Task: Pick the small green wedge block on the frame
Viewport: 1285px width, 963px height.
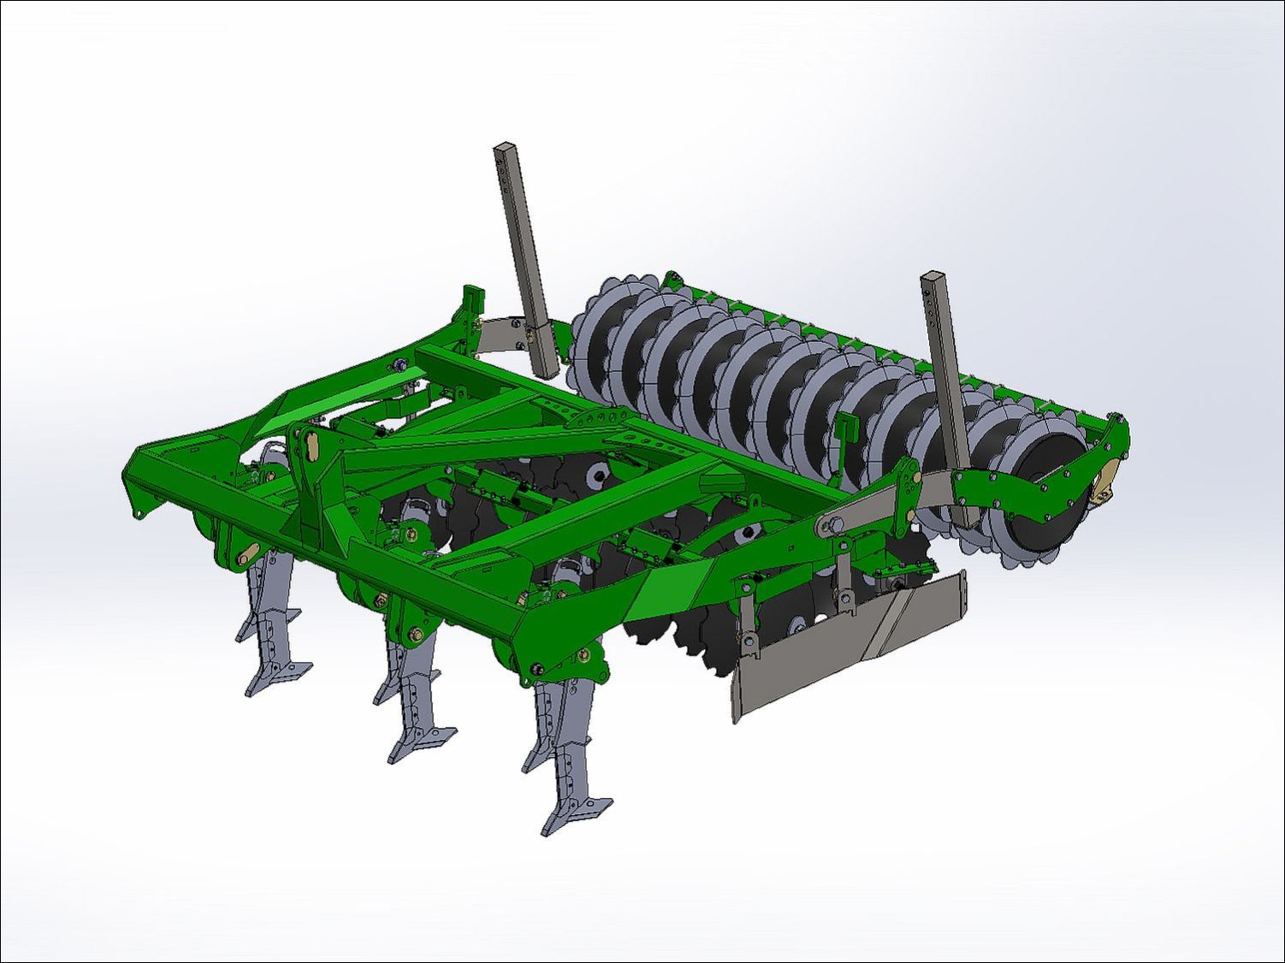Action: (x=716, y=478)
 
